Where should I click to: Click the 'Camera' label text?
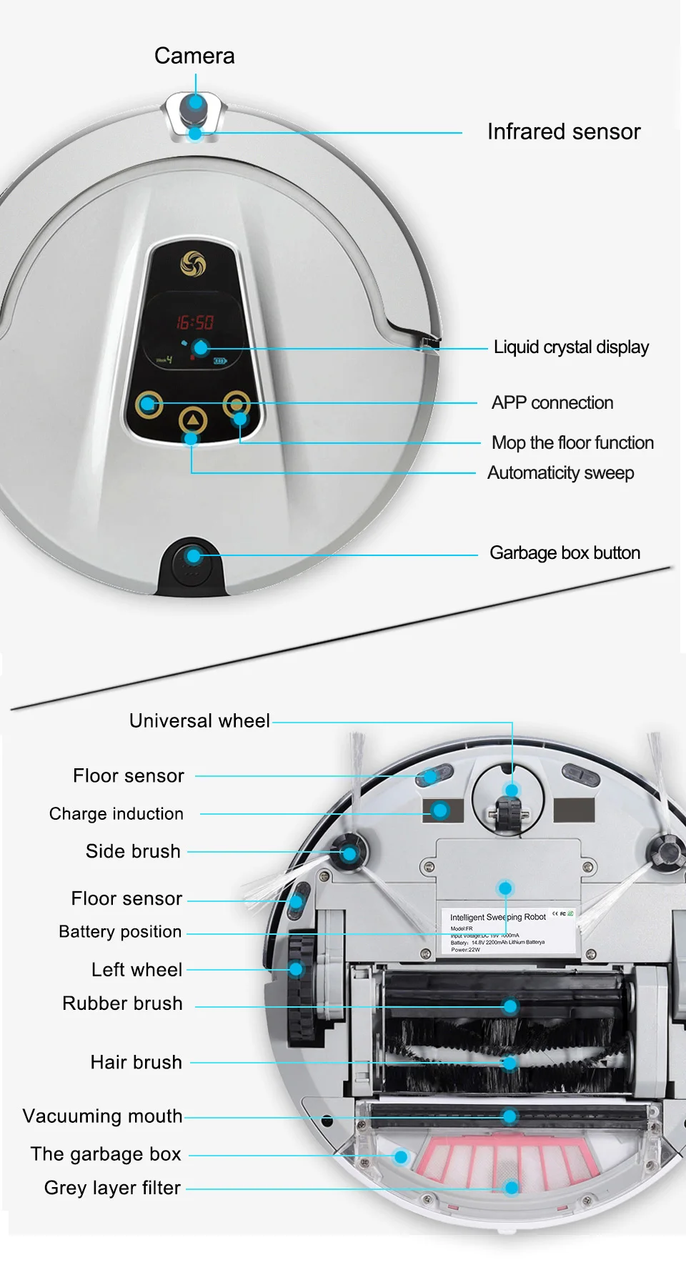(194, 56)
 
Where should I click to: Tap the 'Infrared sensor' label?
(564, 132)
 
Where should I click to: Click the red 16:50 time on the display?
(195, 322)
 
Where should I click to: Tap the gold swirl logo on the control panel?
(193, 264)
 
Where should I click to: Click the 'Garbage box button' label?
(565, 552)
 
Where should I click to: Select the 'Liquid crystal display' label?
(571, 347)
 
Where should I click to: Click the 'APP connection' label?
(552, 402)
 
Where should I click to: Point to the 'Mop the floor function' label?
(572, 442)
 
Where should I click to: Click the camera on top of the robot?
(195, 105)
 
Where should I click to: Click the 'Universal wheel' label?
(199, 720)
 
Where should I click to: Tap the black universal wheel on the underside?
(507, 811)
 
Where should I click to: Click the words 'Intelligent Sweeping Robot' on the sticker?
(497, 917)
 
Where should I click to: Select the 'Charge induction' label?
(116, 813)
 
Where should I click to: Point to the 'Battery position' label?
(120, 931)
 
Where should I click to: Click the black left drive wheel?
(301, 986)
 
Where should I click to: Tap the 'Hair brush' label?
(136, 1062)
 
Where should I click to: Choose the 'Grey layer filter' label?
(112, 1187)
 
